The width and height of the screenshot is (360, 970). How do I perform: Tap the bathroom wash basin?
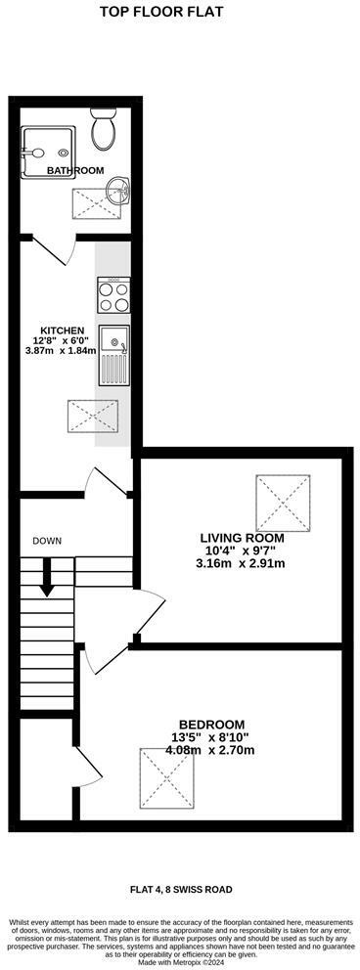[116, 189]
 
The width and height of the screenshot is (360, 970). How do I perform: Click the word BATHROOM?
[75, 170]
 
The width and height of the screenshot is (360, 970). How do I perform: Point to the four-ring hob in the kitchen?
[112, 293]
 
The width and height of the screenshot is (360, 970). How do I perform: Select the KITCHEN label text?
[62, 331]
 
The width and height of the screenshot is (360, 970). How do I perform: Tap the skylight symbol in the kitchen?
[92, 416]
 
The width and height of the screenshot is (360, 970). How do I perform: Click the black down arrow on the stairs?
[46, 581]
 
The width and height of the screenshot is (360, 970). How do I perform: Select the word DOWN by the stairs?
[47, 541]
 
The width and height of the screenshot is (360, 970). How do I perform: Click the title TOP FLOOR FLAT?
[176, 13]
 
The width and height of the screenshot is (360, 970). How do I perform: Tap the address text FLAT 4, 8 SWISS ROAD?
[178, 889]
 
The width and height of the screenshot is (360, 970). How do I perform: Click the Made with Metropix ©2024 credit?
[179, 963]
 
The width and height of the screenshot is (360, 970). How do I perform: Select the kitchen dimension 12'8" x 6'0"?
[62, 340]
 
